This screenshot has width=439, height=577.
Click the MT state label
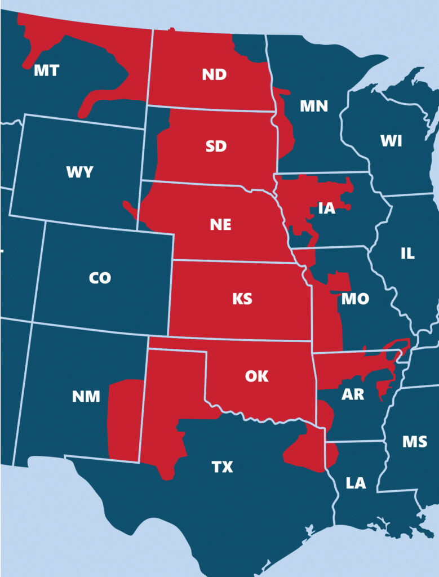(46, 71)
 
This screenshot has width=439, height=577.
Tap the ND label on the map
(215, 74)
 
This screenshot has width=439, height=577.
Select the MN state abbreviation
(313, 106)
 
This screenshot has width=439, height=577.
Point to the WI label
(391, 141)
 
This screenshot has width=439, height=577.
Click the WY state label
(79, 172)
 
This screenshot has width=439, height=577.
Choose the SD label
(216, 147)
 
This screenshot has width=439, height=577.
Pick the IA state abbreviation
(326, 208)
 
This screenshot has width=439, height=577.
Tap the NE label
(220, 224)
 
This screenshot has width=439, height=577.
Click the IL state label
(407, 254)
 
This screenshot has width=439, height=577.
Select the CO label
(100, 277)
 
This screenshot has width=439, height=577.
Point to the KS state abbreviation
(242, 299)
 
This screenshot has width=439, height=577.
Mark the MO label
(355, 299)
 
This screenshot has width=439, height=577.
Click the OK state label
(257, 376)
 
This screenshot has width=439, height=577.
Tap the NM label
(86, 397)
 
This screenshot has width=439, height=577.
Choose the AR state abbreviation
(353, 394)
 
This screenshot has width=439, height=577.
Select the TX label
(222, 467)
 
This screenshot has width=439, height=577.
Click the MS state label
(414, 441)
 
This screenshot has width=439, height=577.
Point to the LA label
(356, 483)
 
